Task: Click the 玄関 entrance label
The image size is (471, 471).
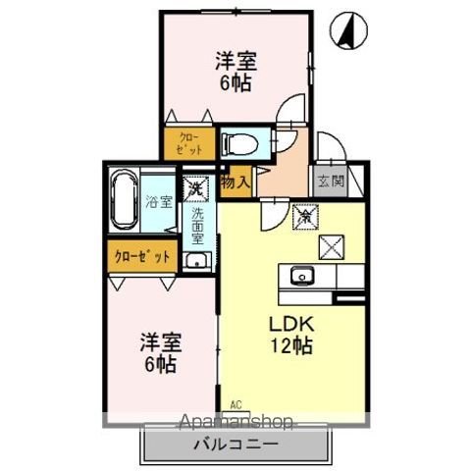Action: pos(329,181)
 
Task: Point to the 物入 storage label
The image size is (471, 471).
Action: pos(235,182)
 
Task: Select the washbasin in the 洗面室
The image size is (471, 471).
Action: pos(196,259)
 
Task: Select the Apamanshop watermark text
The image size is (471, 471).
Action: pos(235,423)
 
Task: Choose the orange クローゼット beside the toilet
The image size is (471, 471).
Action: pos(190,143)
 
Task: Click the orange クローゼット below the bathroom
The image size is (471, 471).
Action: pos(143,256)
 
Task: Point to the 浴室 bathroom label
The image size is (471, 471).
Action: pos(159,203)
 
